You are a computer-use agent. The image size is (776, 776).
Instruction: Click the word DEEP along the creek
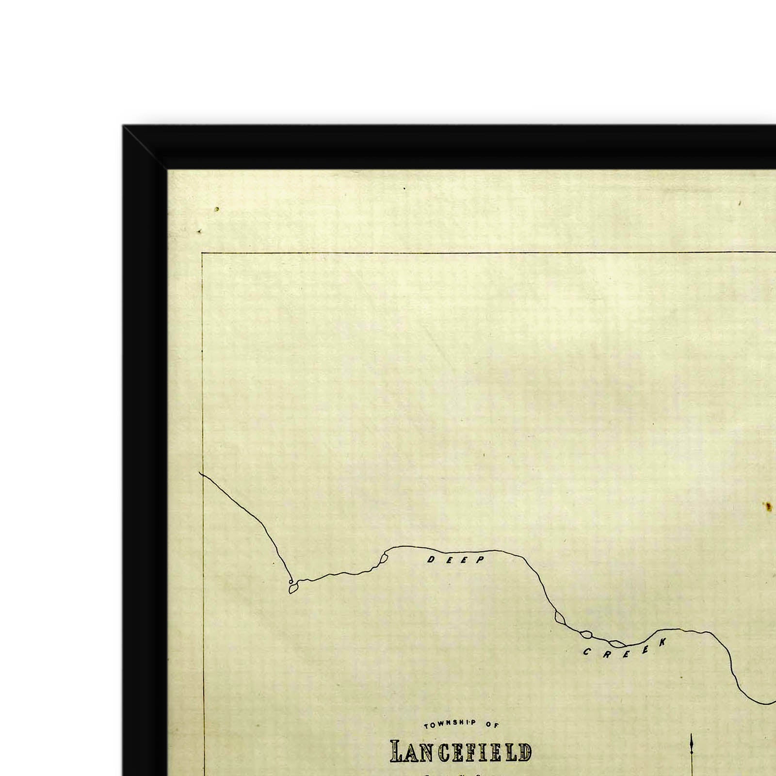click(455, 560)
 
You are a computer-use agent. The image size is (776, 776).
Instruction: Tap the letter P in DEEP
click(480, 560)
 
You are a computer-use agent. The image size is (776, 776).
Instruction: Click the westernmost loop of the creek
click(292, 589)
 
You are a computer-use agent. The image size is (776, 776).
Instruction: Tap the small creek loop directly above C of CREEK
click(586, 634)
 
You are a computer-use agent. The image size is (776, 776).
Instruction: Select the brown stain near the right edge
click(768, 507)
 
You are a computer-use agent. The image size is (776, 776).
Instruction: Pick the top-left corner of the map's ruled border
click(202, 253)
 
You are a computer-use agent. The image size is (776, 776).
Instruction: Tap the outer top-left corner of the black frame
click(123, 126)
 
